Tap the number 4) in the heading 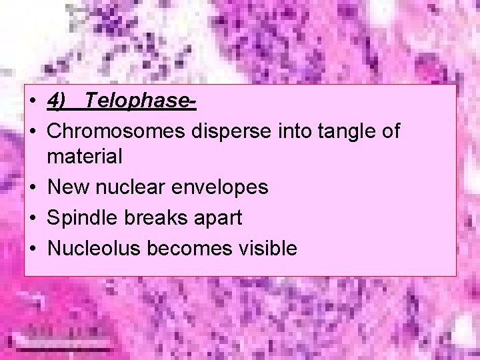point(57,101)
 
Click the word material point(85,157)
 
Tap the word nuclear point(129,187)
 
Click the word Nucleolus point(95,248)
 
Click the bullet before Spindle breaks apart point(32,218)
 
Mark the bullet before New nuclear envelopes point(32,187)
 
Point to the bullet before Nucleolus point(32,248)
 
